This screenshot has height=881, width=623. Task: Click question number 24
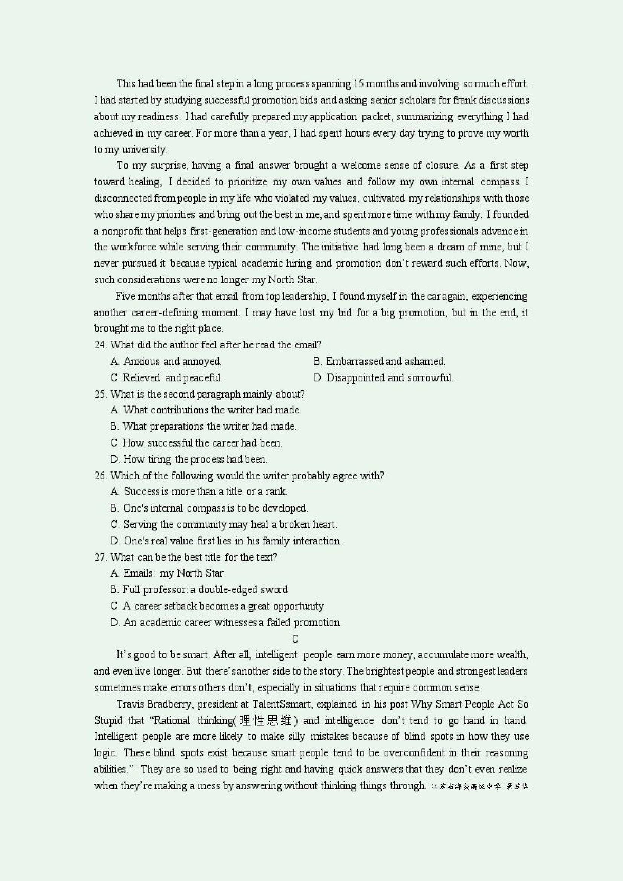pyautogui.click(x=100, y=344)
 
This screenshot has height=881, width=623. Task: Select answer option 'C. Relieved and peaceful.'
pyautogui.click(x=166, y=378)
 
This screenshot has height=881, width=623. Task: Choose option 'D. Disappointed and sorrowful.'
pyautogui.click(x=383, y=378)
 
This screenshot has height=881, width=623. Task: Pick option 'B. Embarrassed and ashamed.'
pyautogui.click(x=379, y=361)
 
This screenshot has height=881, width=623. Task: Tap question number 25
pyautogui.click(x=100, y=394)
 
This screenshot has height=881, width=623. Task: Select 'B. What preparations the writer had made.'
pyautogui.click(x=203, y=427)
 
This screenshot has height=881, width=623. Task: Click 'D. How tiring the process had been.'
pyautogui.click(x=188, y=459)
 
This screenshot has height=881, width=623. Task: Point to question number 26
pyautogui.click(x=100, y=476)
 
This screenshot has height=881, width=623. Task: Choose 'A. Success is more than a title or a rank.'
pyautogui.click(x=199, y=492)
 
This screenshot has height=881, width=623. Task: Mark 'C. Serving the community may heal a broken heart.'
pyautogui.click(x=223, y=524)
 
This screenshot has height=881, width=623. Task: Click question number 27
pyautogui.click(x=100, y=557)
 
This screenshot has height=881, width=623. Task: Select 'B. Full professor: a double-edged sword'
pyautogui.click(x=199, y=590)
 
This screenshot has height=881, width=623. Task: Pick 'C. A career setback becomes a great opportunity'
pyautogui.click(x=217, y=606)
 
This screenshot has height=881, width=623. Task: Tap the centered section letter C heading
pyautogui.click(x=295, y=639)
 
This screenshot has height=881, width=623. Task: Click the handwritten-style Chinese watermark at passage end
pyautogui.click(x=479, y=786)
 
